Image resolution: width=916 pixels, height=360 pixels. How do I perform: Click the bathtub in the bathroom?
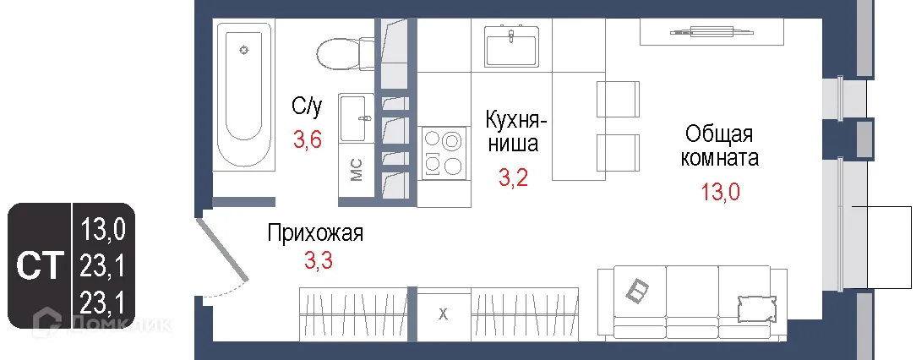pyautogui.click(x=243, y=96)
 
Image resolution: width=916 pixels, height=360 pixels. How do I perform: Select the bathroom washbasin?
pyautogui.click(x=355, y=119)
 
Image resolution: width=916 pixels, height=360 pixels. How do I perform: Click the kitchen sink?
pyautogui.click(x=511, y=46)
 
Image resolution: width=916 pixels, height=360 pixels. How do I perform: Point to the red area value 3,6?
pyautogui.click(x=307, y=140)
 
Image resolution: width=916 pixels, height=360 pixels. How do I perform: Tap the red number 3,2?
pyautogui.click(x=512, y=177)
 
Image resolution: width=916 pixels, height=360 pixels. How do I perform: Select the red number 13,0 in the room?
pyautogui.click(x=720, y=192)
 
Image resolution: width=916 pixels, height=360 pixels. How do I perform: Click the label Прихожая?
pyautogui.click(x=315, y=233)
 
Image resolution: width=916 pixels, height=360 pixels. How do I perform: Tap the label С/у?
pyautogui.click(x=307, y=106)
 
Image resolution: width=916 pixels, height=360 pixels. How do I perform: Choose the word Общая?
pyautogui.click(x=719, y=134)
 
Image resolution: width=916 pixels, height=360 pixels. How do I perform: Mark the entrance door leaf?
pyautogui.click(x=223, y=250)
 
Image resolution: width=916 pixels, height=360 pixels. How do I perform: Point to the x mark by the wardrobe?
pyautogui.click(x=443, y=314)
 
